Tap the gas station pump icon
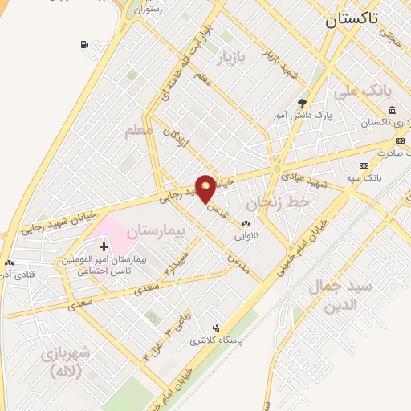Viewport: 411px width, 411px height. tap(84, 44)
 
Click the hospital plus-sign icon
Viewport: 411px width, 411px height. tap(104, 246)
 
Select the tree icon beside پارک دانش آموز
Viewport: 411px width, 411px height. tap(302, 103)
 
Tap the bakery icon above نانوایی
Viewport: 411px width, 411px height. tap(245, 223)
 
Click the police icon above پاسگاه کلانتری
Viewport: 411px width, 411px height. tap(215, 327)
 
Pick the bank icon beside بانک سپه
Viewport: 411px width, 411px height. tap(364, 165)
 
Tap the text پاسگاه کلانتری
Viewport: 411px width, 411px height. tap(218, 340)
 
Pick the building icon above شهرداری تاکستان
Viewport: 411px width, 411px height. tap(391, 110)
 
